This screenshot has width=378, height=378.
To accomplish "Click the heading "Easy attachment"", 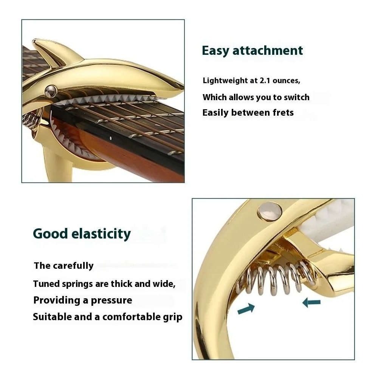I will tap(252, 51).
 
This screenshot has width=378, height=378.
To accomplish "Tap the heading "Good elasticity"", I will tap(82, 234).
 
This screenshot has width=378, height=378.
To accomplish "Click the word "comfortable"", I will tap(130, 317).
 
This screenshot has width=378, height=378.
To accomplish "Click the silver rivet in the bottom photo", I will tap(270, 211).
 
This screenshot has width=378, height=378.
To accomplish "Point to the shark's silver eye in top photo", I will tap(51, 91).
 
